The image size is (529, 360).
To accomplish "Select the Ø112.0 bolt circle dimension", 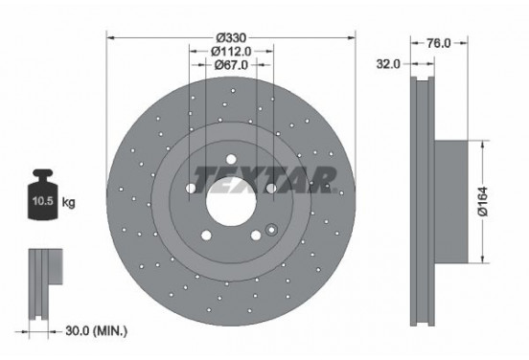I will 231,48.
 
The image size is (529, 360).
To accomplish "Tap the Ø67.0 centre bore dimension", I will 231,64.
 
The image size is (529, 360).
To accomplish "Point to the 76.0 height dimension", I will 438,42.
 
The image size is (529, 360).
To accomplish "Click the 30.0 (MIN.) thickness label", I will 96,330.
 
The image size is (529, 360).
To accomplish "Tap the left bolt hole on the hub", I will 192,188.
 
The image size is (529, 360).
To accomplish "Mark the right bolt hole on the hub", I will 271,188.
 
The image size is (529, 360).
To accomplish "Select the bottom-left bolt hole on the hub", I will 207,233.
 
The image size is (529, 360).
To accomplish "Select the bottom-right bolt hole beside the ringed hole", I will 255,234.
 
